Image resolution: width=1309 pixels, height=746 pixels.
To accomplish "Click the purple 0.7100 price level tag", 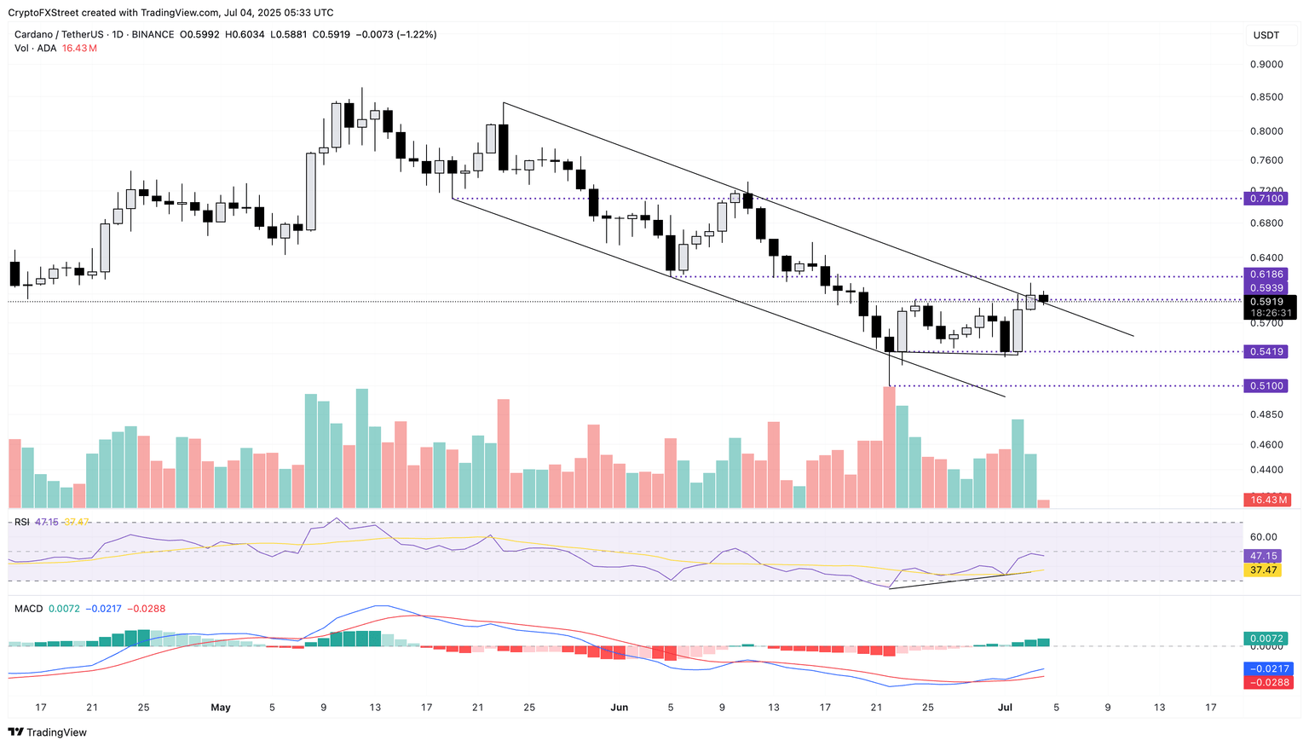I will (x=1266, y=199).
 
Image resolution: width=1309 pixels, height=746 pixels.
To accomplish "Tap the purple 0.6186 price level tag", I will (x=1266, y=275).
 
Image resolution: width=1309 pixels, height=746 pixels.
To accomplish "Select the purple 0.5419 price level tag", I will (x=1266, y=351).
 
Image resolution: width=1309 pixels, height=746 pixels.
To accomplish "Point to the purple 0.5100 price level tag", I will (x=1266, y=386).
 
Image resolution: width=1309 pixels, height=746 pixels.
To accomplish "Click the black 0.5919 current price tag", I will (x=1268, y=302).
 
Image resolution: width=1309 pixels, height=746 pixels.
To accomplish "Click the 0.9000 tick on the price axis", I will (x=1266, y=65).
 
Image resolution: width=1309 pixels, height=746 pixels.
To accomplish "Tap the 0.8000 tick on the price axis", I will (x=1266, y=131).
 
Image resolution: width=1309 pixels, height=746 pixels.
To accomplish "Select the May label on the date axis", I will (x=221, y=708).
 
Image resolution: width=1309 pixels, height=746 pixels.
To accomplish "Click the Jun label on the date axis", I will (x=620, y=708).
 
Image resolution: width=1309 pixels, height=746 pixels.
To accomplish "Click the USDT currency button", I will (x=1266, y=35).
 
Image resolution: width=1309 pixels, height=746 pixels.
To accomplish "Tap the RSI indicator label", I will (x=22, y=522).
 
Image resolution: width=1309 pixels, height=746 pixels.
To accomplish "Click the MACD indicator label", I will (x=28, y=609).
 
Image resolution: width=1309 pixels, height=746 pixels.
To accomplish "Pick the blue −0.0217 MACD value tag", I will (x=1269, y=668).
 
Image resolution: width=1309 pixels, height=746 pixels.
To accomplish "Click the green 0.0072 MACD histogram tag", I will (x=1266, y=639).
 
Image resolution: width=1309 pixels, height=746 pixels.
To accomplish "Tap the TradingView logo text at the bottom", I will (x=56, y=732).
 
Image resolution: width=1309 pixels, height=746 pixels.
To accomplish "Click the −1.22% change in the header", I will (x=418, y=35).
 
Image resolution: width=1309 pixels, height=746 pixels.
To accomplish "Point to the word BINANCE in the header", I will (x=152, y=35).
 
